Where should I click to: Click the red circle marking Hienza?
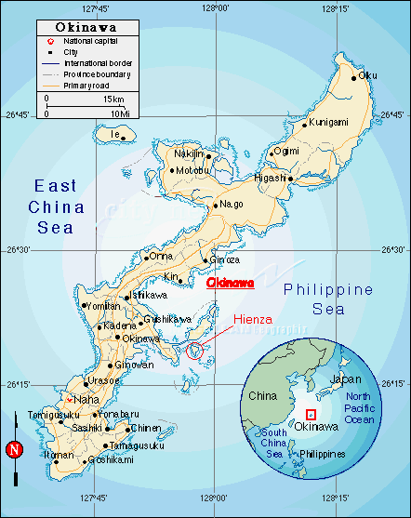point(194,351)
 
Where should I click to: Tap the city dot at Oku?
point(353,77)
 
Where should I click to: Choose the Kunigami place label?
point(328,122)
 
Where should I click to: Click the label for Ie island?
point(115,135)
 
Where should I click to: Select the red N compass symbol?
point(13,450)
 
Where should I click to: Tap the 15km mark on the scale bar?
point(114,98)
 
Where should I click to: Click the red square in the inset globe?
point(311,416)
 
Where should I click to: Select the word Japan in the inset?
point(346,380)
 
